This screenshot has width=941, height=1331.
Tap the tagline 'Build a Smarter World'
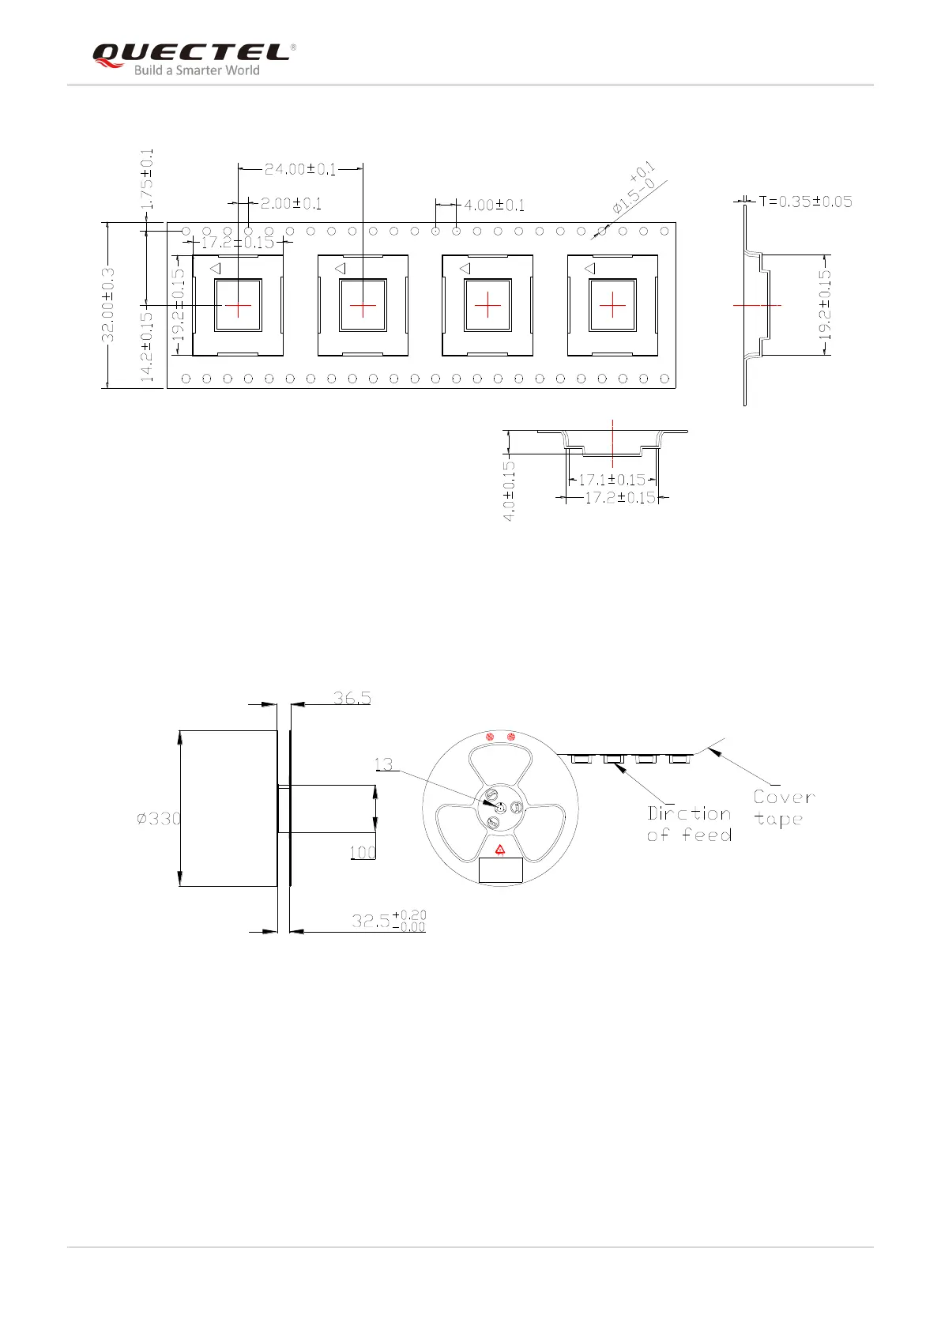coord(197,70)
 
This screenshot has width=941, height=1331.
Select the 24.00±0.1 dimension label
coord(300,169)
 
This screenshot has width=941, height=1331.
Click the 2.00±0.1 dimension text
coord(291,204)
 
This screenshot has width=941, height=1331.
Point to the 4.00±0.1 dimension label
coord(495,205)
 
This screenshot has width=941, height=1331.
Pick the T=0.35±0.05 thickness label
coord(806,202)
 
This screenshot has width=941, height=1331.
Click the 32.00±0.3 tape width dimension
coord(108,305)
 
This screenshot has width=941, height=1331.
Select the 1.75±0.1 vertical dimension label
coord(147,179)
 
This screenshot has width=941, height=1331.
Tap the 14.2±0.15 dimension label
coord(147,347)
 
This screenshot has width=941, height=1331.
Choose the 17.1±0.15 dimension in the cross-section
coord(612,480)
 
